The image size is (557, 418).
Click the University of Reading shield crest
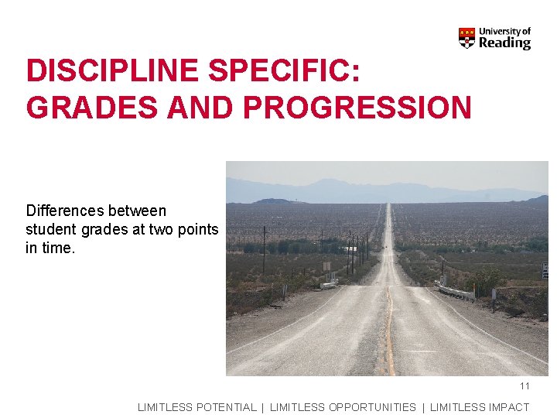coord(466,38)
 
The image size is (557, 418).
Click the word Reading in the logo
coord(504,43)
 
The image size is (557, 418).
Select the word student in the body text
coord(52,229)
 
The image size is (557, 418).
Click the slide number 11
coord(525,386)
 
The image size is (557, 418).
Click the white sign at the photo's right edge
coord(545,270)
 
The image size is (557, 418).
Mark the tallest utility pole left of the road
coord(264,248)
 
